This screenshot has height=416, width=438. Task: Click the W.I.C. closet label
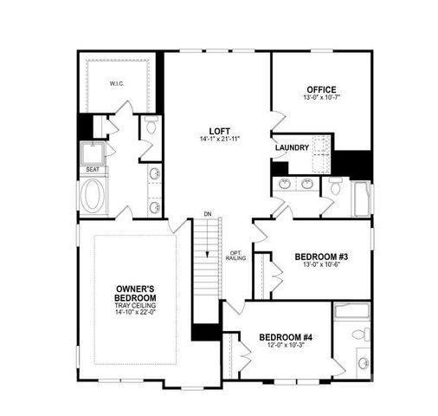tap(118, 84)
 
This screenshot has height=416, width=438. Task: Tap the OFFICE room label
tap(321, 89)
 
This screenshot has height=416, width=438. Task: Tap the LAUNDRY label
tap(293, 147)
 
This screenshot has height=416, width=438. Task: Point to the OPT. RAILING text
tap(236, 254)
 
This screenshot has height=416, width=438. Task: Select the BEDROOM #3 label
tap(321, 257)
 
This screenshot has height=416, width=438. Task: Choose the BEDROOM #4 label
tap(287, 336)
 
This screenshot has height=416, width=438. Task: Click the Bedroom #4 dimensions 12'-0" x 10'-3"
tap(287, 346)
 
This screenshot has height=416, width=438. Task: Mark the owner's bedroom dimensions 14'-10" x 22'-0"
tap(134, 312)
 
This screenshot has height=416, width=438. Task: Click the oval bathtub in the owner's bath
tap(93, 197)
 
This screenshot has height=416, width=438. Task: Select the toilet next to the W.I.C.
tap(150, 129)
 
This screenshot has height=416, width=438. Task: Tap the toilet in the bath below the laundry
tap(336, 186)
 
